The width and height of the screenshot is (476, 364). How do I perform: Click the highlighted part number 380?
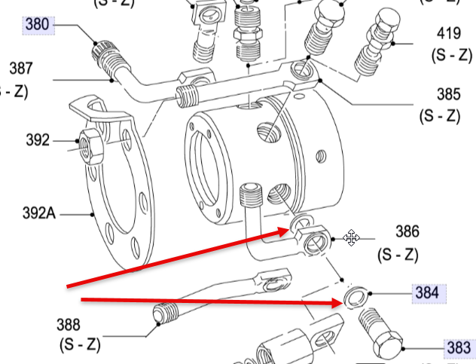pos(37,25)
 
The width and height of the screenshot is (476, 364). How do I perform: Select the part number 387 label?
pos(21,68)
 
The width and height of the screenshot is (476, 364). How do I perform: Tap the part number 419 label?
pos(450,35)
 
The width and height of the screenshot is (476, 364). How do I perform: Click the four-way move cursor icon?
pos(351,239)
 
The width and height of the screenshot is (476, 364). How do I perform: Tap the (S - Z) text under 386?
pos(397,255)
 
